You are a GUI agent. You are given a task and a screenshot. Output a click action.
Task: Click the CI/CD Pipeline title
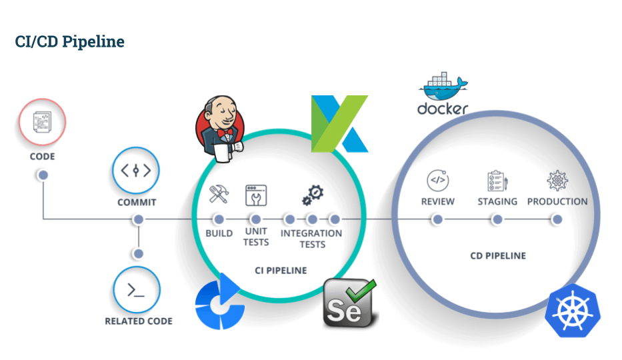click(70, 41)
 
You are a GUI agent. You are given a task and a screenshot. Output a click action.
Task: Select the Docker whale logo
click(443, 93)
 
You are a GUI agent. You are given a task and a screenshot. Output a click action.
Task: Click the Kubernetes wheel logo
click(573, 311)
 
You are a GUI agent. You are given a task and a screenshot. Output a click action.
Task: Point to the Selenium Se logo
click(349, 303)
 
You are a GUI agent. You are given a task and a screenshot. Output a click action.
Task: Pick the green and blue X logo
click(339, 124)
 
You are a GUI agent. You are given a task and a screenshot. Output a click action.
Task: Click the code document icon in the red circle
click(42, 122)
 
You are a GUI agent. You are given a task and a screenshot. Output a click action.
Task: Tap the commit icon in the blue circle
click(136, 171)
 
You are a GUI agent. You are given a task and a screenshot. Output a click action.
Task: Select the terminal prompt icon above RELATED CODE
click(136, 290)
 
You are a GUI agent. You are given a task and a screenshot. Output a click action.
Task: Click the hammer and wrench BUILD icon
click(219, 194)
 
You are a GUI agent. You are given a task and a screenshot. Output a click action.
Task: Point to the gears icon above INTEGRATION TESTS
click(313, 195)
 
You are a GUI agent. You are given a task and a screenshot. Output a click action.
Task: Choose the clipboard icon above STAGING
click(497, 181)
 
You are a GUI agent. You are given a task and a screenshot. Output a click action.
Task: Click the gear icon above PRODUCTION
click(557, 181)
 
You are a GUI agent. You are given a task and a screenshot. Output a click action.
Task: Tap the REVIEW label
click(438, 201)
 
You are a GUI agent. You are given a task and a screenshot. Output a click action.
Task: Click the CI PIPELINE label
click(281, 271)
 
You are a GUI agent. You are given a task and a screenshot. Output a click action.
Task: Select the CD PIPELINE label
click(498, 256)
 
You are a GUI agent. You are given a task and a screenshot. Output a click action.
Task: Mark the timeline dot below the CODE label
click(43, 175)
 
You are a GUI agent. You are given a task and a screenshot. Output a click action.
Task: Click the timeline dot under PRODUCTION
click(557, 219)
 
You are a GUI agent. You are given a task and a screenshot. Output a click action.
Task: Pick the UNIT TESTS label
click(256, 237)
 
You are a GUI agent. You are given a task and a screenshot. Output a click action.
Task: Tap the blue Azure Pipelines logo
click(219, 302)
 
